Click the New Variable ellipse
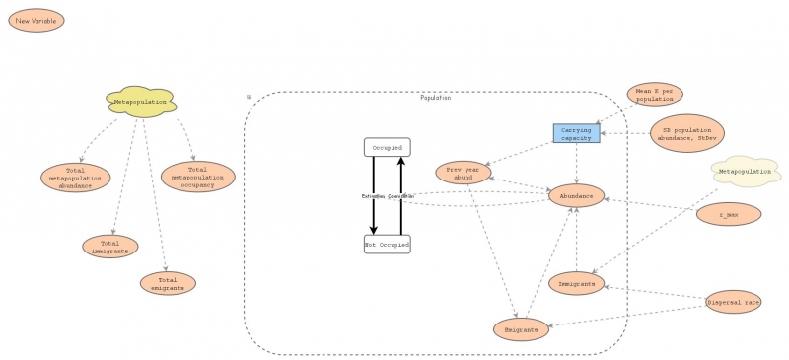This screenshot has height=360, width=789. (x=36, y=21)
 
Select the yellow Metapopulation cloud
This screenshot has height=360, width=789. (x=140, y=102)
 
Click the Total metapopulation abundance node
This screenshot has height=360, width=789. (x=75, y=178)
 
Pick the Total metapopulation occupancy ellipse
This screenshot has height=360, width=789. (x=198, y=177)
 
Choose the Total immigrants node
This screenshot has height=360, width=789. (x=109, y=247)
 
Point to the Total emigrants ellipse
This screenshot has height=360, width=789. (x=168, y=284)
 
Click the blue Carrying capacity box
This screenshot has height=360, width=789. (x=576, y=133)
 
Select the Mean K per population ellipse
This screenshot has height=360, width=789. (x=655, y=95)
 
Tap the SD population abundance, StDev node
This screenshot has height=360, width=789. (x=687, y=133)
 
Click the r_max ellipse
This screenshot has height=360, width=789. (x=728, y=214)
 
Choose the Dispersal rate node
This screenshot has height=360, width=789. (x=734, y=303)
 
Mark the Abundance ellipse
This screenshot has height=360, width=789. (x=576, y=196)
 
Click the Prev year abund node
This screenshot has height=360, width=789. (x=463, y=172)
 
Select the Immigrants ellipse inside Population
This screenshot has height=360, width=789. (x=576, y=284)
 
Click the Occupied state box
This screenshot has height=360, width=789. (x=387, y=147)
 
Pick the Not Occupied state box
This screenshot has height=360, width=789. (x=387, y=244)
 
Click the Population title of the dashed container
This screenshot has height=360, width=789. (x=435, y=98)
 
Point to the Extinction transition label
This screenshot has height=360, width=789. (x=374, y=196)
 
